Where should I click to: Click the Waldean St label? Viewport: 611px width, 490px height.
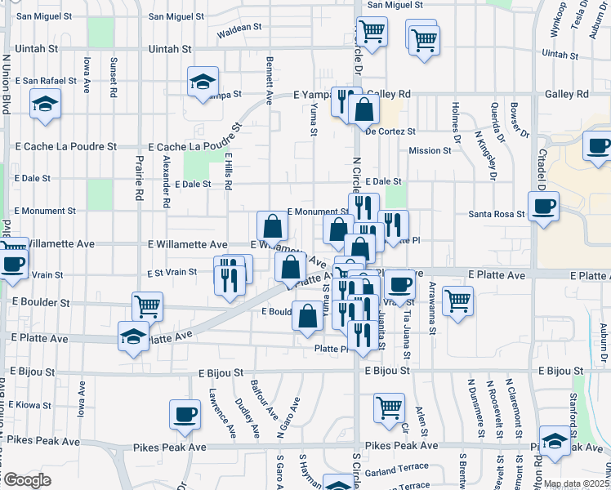[x=239, y=27]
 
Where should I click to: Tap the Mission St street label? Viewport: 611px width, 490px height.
[x=430, y=150]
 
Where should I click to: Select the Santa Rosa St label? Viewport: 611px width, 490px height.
[x=496, y=214]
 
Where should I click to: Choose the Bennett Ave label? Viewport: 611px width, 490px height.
[x=268, y=75]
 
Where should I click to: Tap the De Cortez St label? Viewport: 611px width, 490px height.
[x=390, y=131]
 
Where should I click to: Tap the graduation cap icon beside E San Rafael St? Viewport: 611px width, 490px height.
[x=45, y=104]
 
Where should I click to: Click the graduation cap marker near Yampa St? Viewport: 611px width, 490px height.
[x=202, y=81]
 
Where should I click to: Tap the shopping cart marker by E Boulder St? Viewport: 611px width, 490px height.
[x=147, y=306]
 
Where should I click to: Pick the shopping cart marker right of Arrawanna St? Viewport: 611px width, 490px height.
[x=457, y=300]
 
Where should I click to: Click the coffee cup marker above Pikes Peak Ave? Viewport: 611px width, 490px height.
[x=185, y=412]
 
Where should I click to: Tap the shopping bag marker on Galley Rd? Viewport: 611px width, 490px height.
[x=363, y=109]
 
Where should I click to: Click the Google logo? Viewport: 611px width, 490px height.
[x=26, y=480]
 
